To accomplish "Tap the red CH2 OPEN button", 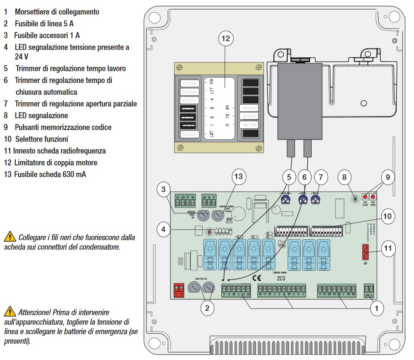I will coord(373,197).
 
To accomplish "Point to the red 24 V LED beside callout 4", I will coord(209,232).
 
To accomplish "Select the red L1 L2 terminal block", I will coord(179,291).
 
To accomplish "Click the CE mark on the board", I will coord(257,279).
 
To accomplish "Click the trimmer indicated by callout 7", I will coord(315,199).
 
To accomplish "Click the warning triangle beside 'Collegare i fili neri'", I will coord(8,237).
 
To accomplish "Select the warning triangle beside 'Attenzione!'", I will coord(8,312).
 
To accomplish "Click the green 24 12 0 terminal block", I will coord(210,198).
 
